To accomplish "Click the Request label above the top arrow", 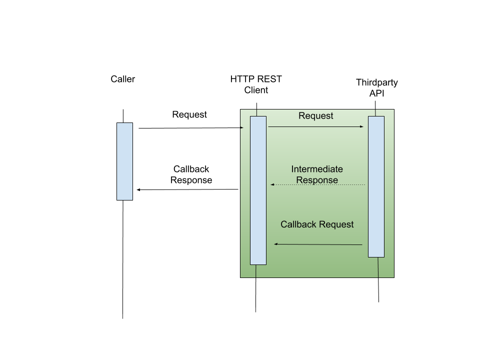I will [315, 116].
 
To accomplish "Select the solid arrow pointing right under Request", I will [315, 127].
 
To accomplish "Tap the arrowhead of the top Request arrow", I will [361, 127].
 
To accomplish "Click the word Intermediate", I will [317, 169].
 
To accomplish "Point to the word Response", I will [317, 180].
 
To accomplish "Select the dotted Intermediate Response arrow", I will [318, 185].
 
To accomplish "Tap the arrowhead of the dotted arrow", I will [272, 185].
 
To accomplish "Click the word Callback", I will [298, 224].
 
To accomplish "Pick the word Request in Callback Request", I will [336, 224].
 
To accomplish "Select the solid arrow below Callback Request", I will [318, 244].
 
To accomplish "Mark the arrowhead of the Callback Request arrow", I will [276, 244].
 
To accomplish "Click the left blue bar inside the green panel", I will [258, 190].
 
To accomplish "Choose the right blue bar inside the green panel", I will [376, 186].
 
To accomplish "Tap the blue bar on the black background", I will [124, 161].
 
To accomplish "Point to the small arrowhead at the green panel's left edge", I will [241, 128].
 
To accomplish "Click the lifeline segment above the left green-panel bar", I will [256, 112].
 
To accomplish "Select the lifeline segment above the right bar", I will [375, 112].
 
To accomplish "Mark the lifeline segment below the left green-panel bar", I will [256, 271].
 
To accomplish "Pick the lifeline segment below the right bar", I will [378, 267].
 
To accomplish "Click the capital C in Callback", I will [283, 224].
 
